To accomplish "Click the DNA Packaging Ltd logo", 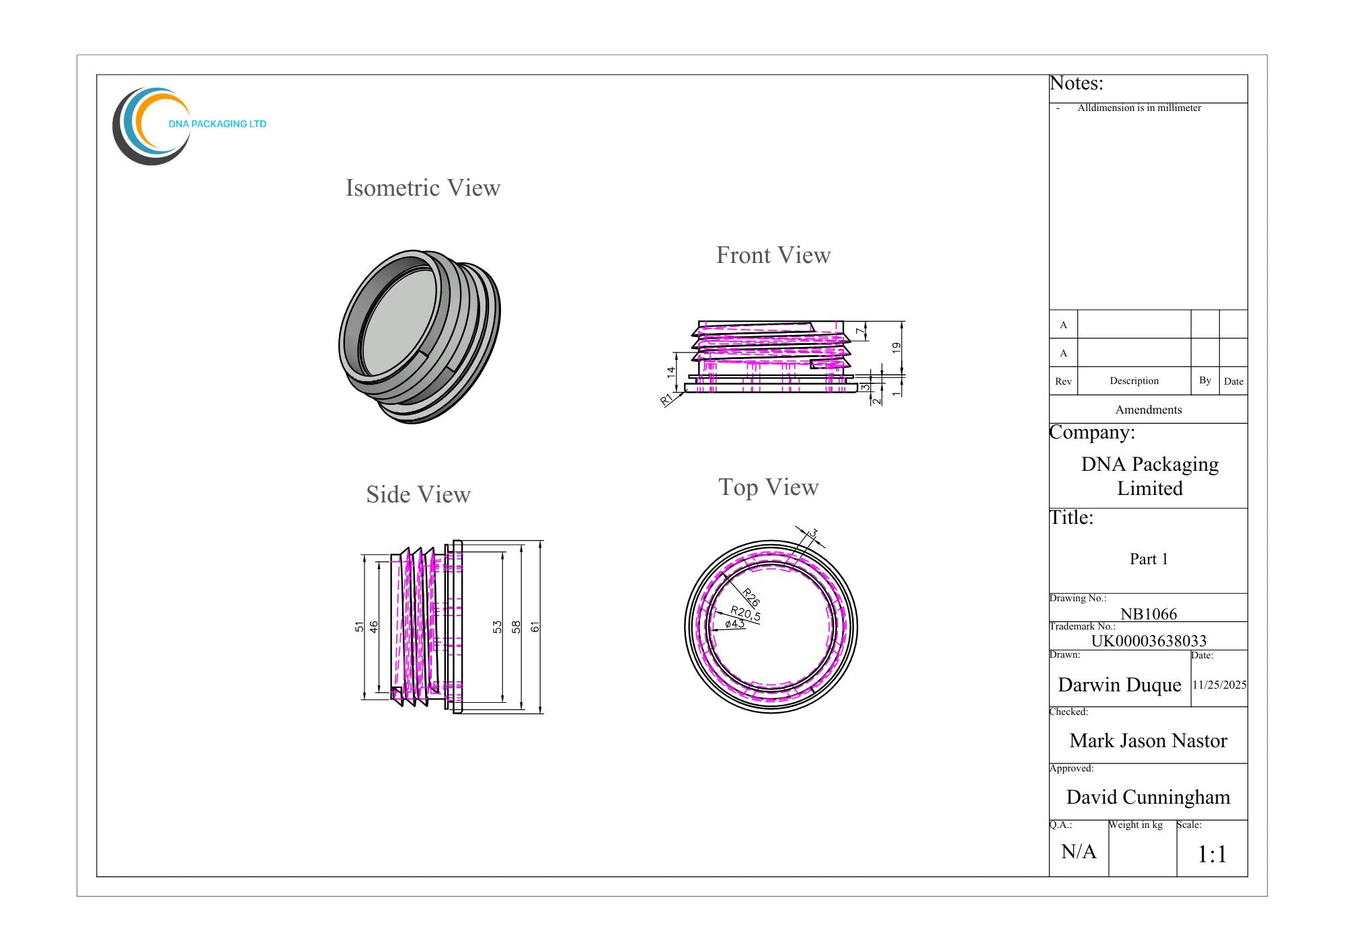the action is pos(189,126).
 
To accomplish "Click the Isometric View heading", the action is pos(423,188).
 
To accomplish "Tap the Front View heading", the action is pos(773,255).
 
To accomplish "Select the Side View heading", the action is pos(418,494).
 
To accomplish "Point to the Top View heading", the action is pos(769,487).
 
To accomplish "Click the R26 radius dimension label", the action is pos(751,597).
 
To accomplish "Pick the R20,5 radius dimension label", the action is pos(746,613).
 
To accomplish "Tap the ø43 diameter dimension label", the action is pos(735,623).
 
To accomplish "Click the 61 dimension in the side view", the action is pos(535,627).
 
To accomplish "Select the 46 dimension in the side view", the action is pos(374,627).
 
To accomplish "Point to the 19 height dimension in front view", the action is pos(896,348).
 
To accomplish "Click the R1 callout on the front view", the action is pos(666,400).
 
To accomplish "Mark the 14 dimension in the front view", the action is pos(671,371).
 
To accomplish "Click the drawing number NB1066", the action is pos(1149,614).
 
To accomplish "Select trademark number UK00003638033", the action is pos(1149,641).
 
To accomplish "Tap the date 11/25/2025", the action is pos(1220,685).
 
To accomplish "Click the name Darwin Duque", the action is pos(1120,685).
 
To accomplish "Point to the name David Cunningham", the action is pos(1148,797).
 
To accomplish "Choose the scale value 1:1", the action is pos(1212,854).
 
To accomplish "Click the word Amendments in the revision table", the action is pos(1149,410).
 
